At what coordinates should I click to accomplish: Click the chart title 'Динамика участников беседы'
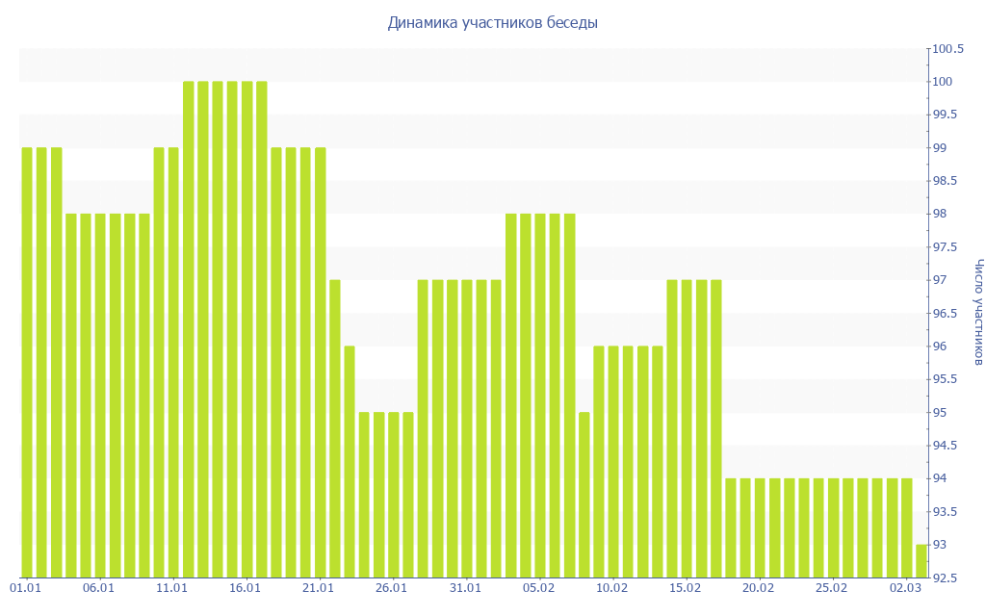(x=492, y=22)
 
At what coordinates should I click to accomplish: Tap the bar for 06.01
(x=100, y=395)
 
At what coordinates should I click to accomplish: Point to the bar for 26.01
(x=393, y=495)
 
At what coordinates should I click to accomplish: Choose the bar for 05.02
(x=540, y=395)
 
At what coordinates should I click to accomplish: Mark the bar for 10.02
(x=613, y=461)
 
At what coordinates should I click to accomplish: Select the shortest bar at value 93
(x=921, y=560)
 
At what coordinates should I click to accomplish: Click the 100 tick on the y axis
(x=942, y=82)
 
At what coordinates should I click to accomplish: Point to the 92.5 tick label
(x=945, y=577)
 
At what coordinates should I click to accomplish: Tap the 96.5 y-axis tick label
(x=945, y=313)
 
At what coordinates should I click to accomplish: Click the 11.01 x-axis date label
(x=172, y=587)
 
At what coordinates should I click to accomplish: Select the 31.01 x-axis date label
(x=466, y=587)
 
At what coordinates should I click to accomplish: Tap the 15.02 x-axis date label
(x=686, y=587)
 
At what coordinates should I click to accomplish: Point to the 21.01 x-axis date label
(x=319, y=587)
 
